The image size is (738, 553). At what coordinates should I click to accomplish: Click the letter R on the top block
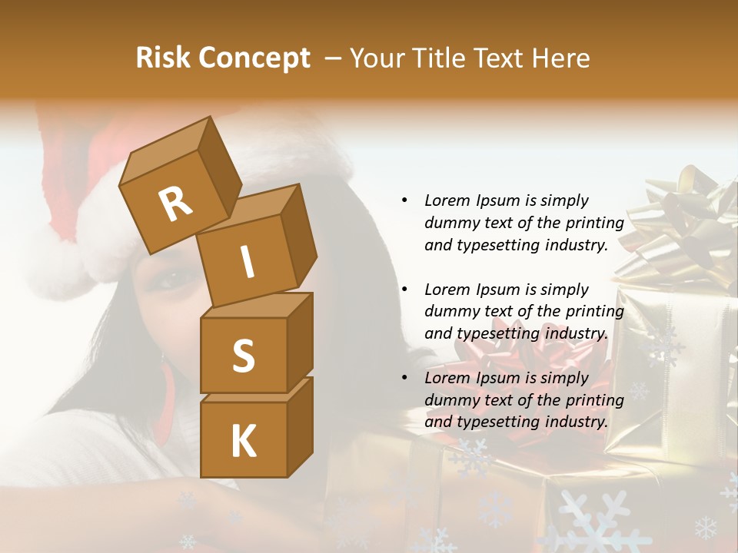pyautogui.click(x=176, y=204)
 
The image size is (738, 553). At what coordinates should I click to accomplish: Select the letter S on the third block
pyautogui.click(x=243, y=356)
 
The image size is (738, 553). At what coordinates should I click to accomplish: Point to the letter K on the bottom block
pyautogui.click(x=243, y=442)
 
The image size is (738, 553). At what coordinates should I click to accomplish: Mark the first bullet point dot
pyautogui.click(x=404, y=201)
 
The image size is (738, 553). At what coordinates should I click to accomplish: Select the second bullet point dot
pyautogui.click(x=404, y=290)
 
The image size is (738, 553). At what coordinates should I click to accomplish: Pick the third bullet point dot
pyautogui.click(x=404, y=379)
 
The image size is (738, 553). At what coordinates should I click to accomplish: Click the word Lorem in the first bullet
pyautogui.click(x=447, y=200)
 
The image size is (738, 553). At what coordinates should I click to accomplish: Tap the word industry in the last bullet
pyautogui.click(x=573, y=422)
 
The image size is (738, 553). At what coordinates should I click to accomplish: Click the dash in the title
pyautogui.click(x=334, y=58)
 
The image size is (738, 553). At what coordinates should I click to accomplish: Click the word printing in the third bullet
pyautogui.click(x=594, y=400)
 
